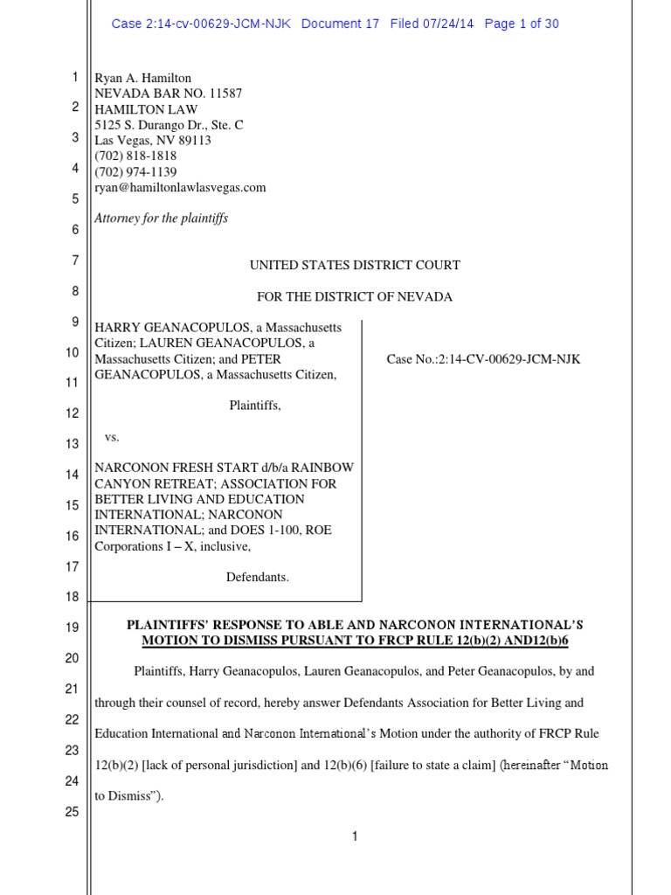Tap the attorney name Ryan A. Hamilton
point(143,78)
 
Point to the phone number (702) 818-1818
point(135,156)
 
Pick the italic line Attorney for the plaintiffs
point(161,219)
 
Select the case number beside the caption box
point(483,359)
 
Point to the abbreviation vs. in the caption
point(112,436)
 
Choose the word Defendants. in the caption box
point(258,577)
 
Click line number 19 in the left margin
point(72,628)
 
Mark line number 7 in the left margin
point(74,260)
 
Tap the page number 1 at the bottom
point(355,836)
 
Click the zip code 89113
point(192,141)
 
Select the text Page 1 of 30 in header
point(522,24)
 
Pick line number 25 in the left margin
point(72,811)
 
